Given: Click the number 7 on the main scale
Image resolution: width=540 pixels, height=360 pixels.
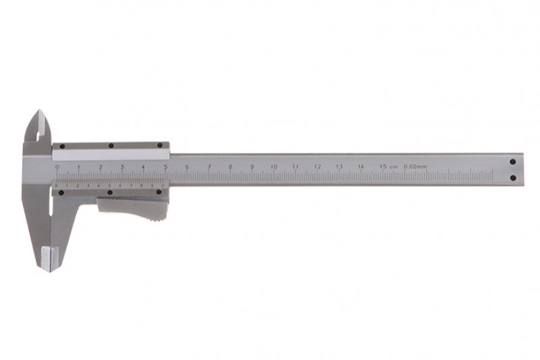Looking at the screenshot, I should (x=209, y=166).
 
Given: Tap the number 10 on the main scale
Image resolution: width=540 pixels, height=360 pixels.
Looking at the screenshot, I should (x=273, y=166).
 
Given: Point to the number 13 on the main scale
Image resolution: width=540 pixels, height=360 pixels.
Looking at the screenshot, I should (x=339, y=166).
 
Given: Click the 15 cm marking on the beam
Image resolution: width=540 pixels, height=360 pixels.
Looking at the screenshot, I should (x=387, y=166).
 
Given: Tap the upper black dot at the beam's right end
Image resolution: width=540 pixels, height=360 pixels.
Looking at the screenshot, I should (x=512, y=162).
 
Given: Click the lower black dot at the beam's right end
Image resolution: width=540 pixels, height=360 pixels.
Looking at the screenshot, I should (x=512, y=178).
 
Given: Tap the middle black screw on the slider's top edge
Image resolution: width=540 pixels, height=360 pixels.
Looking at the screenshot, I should (x=110, y=145).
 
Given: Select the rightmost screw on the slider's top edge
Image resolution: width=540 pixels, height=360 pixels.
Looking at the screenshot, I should (x=160, y=145).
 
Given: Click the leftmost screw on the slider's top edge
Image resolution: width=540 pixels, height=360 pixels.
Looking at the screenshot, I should (x=60, y=145).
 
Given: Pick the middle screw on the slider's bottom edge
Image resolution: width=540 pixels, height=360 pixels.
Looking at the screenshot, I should (x=110, y=192).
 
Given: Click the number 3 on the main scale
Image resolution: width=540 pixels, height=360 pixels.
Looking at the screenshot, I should (x=122, y=166).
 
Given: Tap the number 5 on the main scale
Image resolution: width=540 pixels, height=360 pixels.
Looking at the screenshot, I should (x=165, y=166).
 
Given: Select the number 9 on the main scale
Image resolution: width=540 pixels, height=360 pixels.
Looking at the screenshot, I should (x=252, y=166).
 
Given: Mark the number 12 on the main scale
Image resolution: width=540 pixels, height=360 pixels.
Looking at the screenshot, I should (x=317, y=166).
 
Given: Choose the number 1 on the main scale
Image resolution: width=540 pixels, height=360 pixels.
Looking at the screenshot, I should (x=78, y=166).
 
